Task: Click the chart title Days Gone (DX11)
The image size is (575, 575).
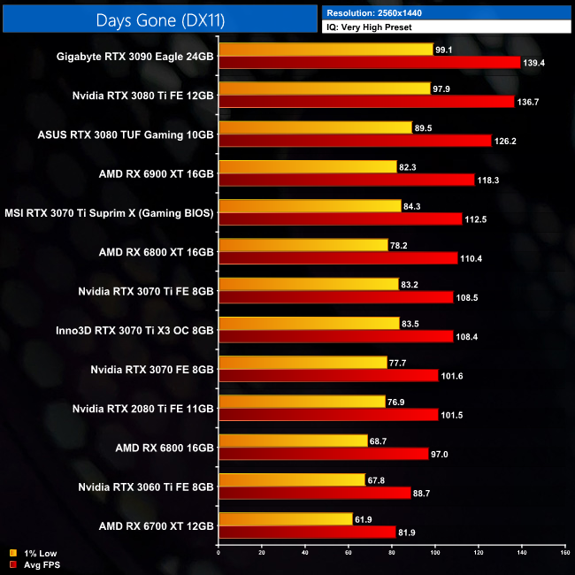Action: pyautogui.click(x=159, y=17)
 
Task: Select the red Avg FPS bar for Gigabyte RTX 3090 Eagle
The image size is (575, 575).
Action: pyautogui.click(x=369, y=63)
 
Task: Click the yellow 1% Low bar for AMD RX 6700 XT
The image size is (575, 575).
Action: pyautogui.click(x=285, y=518)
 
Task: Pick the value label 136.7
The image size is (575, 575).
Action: pyautogui.click(x=528, y=102)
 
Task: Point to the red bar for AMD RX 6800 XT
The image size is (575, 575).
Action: pyautogui.click(x=337, y=258)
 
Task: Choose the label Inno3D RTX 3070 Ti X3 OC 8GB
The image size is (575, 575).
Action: pyautogui.click(x=135, y=330)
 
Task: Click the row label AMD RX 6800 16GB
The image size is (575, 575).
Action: pyautogui.click(x=165, y=447)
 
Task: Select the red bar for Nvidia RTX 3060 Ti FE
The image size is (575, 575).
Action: pyautogui.click(x=314, y=493)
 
